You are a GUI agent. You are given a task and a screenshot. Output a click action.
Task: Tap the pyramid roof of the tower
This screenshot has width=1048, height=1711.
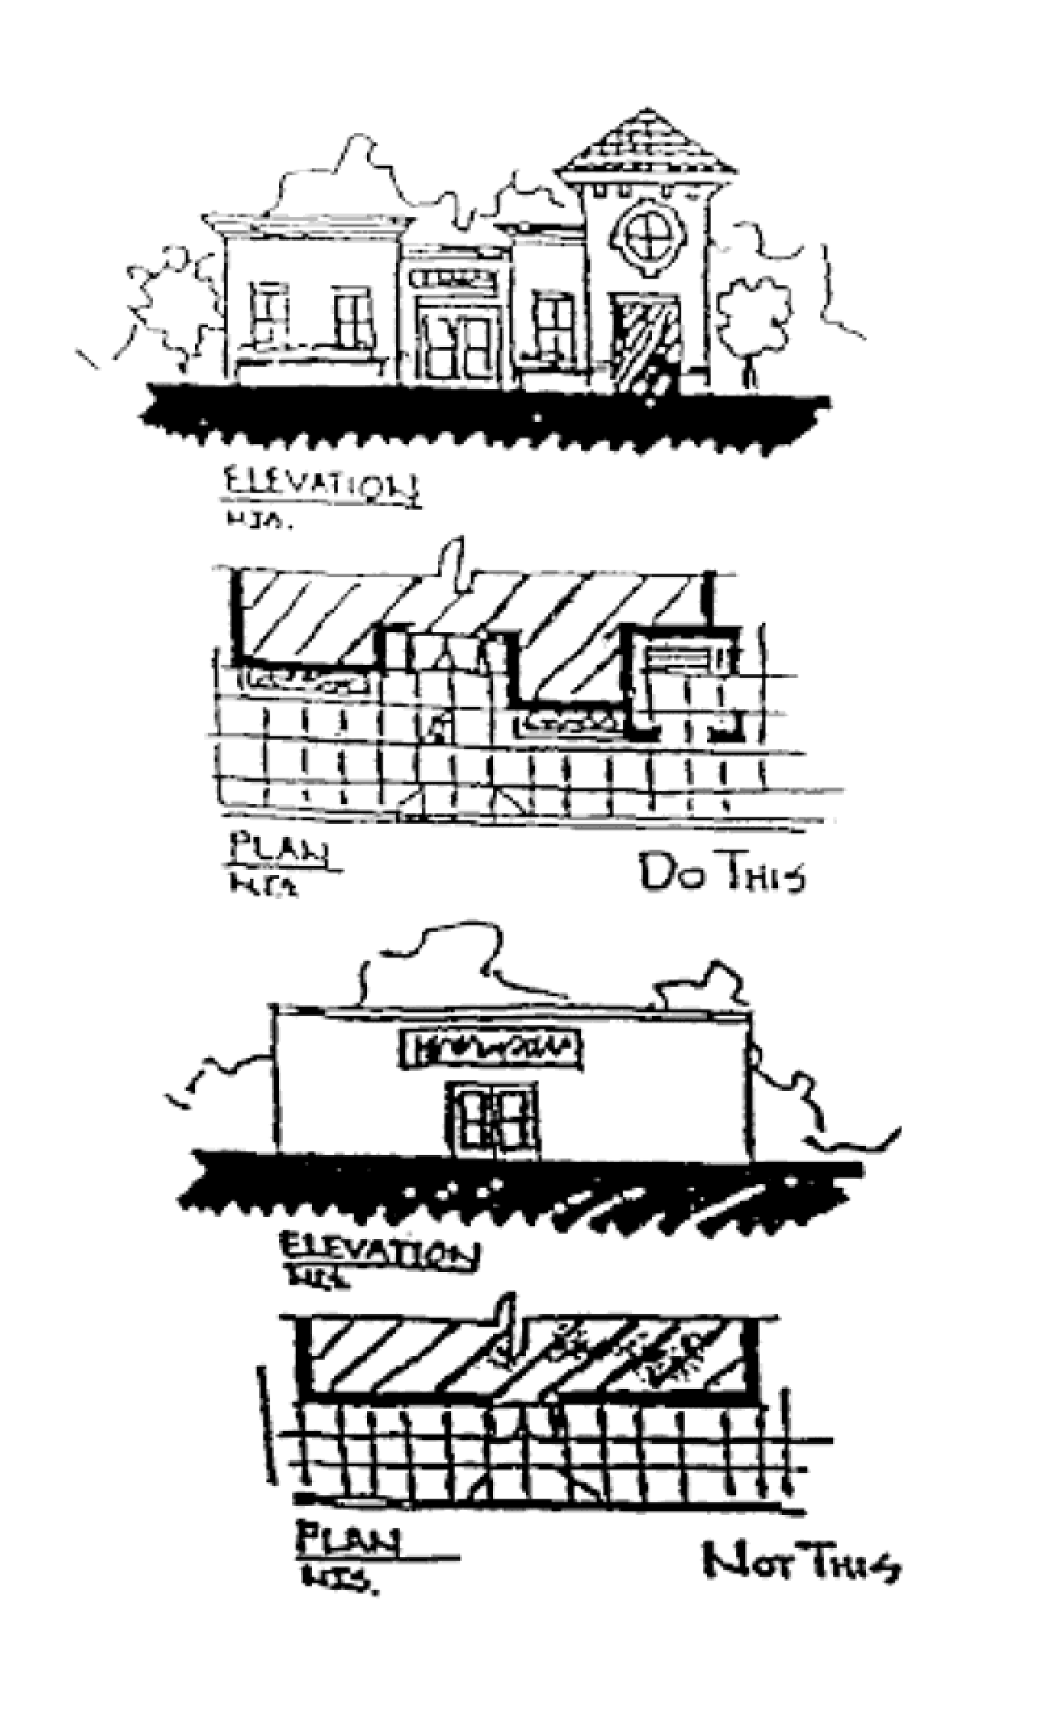[648, 146]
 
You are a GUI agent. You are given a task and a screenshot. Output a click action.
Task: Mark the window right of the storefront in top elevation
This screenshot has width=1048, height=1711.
[553, 323]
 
